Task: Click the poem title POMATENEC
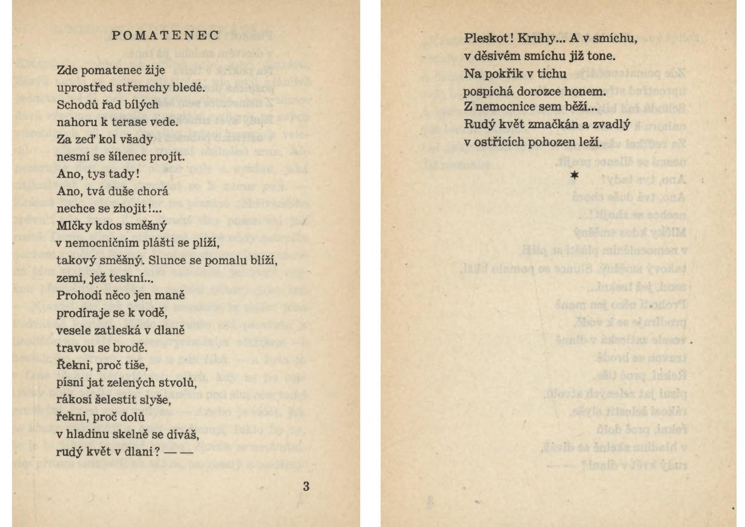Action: click(x=165, y=35)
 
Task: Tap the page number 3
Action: click(x=306, y=486)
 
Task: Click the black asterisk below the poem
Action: click(x=574, y=175)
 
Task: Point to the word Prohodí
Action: click(x=78, y=295)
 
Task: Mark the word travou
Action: click(x=74, y=348)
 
